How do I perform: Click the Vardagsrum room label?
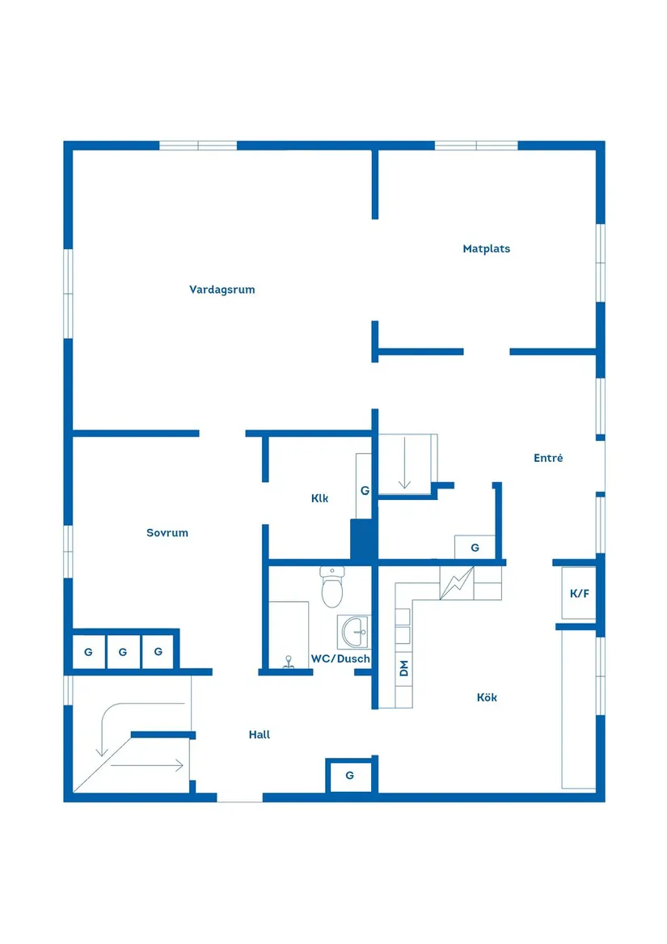coord(222,290)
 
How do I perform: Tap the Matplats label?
coord(487,248)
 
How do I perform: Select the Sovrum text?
coord(167,533)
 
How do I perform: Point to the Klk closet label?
coord(319,498)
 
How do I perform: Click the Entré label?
coord(548,458)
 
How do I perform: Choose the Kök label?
coord(487,697)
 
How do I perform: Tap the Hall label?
coord(260,734)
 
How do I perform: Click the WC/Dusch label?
coord(340,658)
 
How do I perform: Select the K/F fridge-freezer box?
coord(579,593)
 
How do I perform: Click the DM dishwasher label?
coord(404,668)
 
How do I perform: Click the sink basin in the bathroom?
coord(355,632)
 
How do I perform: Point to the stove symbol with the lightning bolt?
coord(457,582)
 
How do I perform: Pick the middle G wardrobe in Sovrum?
coord(124,651)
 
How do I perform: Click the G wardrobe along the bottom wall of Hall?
coord(350,776)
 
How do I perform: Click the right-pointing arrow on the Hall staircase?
coord(147,766)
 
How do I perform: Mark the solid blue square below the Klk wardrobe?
coord(364,540)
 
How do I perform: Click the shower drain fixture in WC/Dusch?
coord(289,662)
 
